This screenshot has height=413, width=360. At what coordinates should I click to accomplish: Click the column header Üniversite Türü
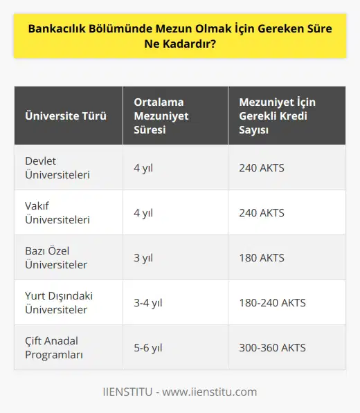(x=66, y=116)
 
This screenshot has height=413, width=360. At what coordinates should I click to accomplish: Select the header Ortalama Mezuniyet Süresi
(x=161, y=116)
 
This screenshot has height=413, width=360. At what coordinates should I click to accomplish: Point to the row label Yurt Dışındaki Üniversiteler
(x=58, y=302)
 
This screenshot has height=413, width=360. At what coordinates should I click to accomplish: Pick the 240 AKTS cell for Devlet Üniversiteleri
(x=261, y=167)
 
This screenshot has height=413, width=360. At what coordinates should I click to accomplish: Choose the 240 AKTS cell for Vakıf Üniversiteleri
(x=261, y=212)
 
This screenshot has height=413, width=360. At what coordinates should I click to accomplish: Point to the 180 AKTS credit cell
(x=261, y=257)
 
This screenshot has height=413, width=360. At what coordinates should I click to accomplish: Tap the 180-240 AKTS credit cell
(x=272, y=302)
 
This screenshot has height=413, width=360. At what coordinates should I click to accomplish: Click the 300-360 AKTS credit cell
(x=272, y=347)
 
